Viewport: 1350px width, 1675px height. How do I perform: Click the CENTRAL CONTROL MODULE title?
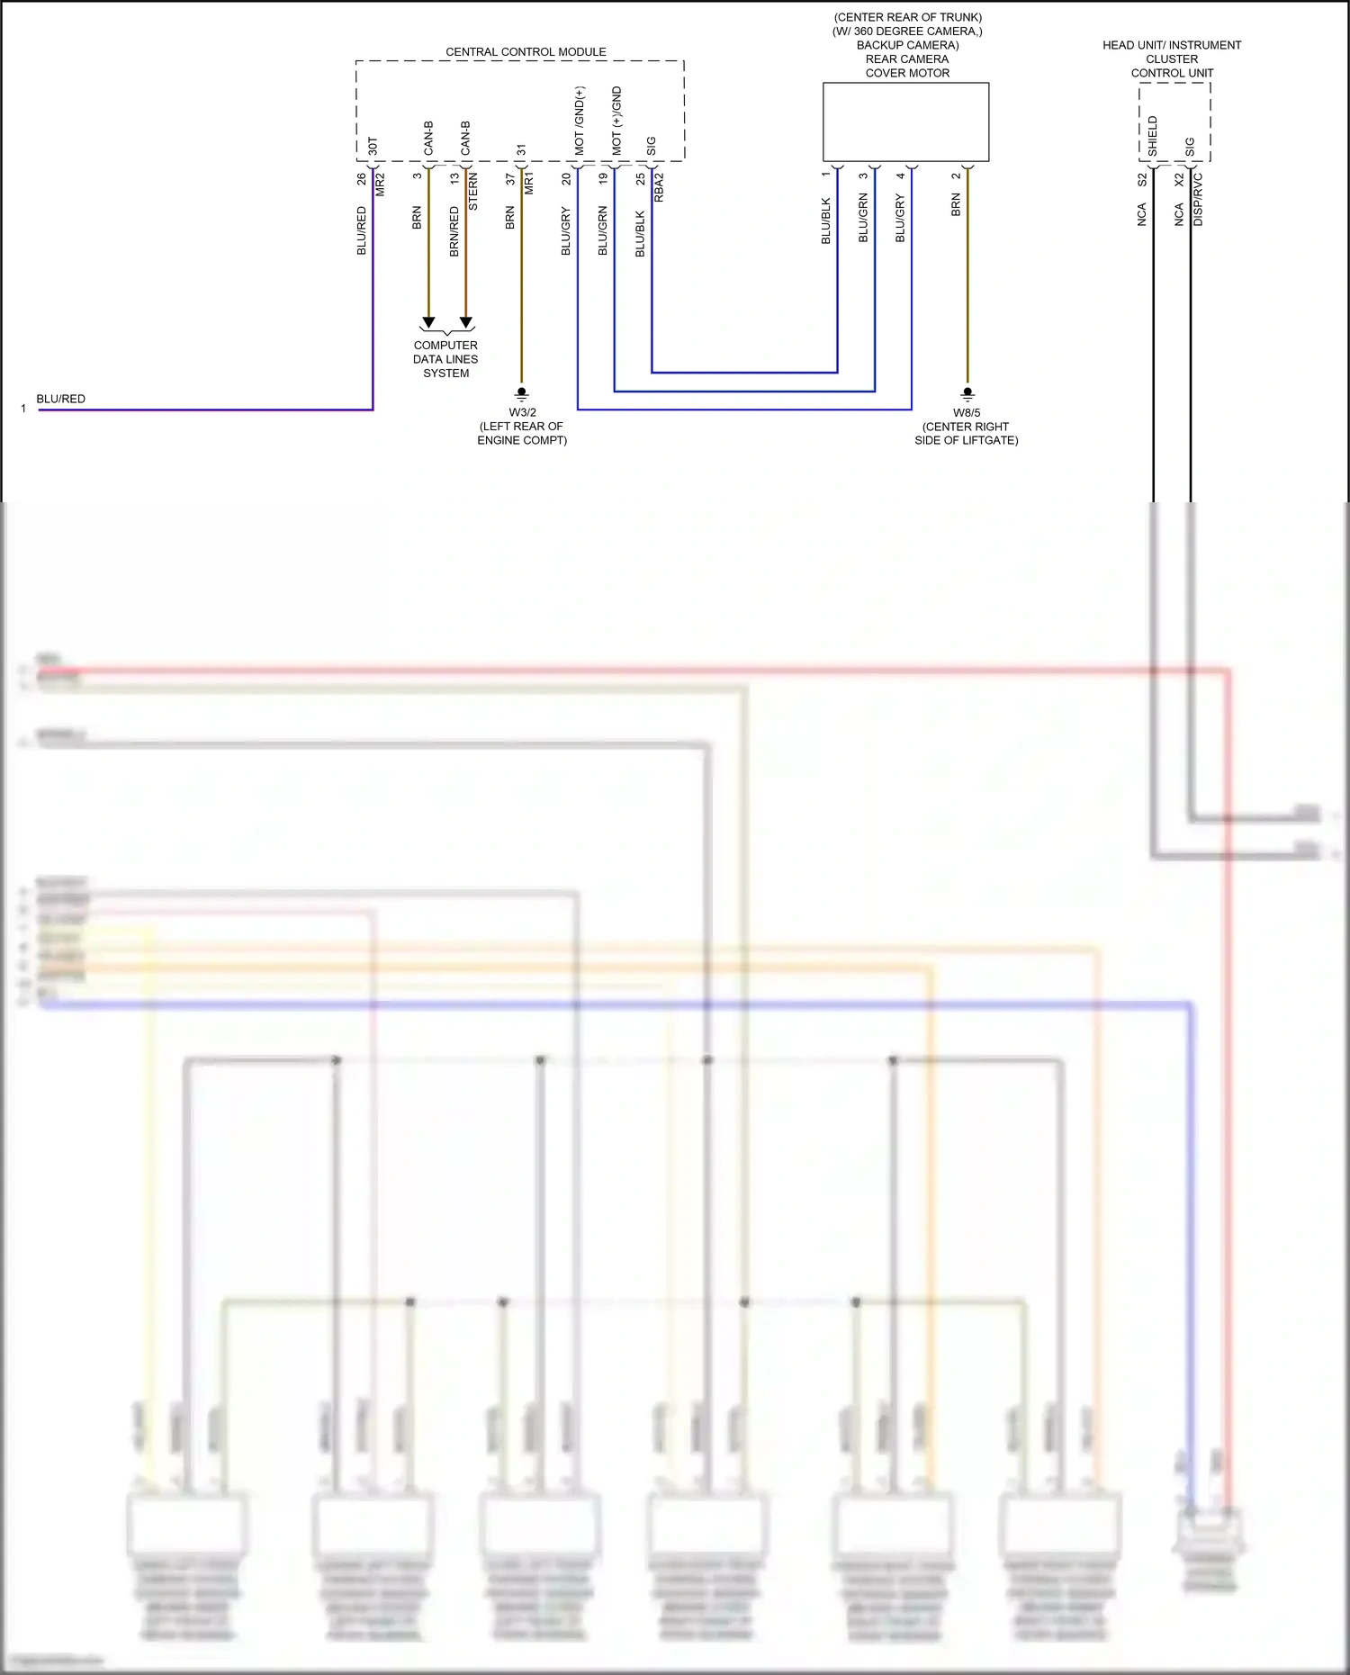click(526, 52)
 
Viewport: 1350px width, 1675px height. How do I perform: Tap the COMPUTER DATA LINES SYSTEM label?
click(445, 359)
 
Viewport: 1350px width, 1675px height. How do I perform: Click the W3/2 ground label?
click(522, 413)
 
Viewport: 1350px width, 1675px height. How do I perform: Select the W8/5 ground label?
click(967, 413)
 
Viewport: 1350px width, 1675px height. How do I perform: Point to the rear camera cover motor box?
click(905, 122)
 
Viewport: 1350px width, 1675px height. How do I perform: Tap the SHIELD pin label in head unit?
click(1153, 136)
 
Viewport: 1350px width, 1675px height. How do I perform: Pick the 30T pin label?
click(373, 146)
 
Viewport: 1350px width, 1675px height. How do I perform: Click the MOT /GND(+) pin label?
click(580, 121)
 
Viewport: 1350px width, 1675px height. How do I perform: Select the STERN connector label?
click(473, 192)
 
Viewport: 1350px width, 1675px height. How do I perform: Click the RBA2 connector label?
click(659, 187)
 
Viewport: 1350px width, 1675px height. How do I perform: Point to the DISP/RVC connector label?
click(1198, 199)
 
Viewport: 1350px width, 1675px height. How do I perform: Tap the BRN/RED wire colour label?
click(454, 231)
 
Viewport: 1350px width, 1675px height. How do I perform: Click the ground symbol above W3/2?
click(521, 393)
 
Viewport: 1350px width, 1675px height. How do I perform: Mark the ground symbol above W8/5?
click(967, 393)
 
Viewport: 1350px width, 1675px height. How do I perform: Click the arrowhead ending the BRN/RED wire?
click(466, 322)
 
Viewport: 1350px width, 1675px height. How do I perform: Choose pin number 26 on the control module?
click(362, 179)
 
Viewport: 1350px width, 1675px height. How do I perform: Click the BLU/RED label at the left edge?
click(61, 399)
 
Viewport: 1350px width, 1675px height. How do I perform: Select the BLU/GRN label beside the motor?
click(863, 217)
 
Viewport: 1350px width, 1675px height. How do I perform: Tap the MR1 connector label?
click(529, 183)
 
